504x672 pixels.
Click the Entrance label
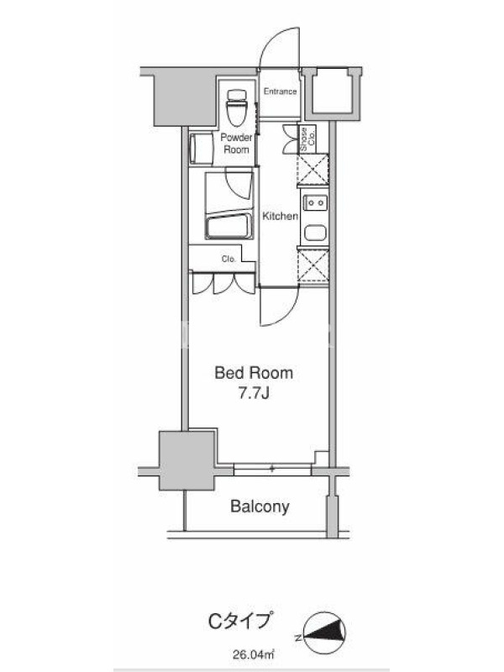click(x=280, y=92)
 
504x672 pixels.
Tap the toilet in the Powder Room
click(x=237, y=108)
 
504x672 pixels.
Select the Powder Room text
click(x=236, y=144)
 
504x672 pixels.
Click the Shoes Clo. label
click(x=307, y=139)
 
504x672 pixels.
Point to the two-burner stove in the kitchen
click(x=315, y=202)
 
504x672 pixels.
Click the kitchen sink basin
click(x=315, y=234)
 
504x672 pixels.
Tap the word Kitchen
click(x=280, y=216)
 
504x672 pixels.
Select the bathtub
click(x=229, y=226)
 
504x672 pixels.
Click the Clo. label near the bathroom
click(x=228, y=260)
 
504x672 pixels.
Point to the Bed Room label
click(x=254, y=373)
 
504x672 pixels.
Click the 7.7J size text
click(x=254, y=394)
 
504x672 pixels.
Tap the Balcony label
click(x=260, y=507)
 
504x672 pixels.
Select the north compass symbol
click(x=324, y=633)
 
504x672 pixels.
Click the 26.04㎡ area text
click(x=254, y=655)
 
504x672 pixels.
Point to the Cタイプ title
click(x=240, y=621)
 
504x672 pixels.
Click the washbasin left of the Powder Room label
click(x=201, y=149)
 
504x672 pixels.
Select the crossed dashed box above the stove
click(x=312, y=170)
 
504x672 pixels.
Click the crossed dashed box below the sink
click(x=312, y=265)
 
